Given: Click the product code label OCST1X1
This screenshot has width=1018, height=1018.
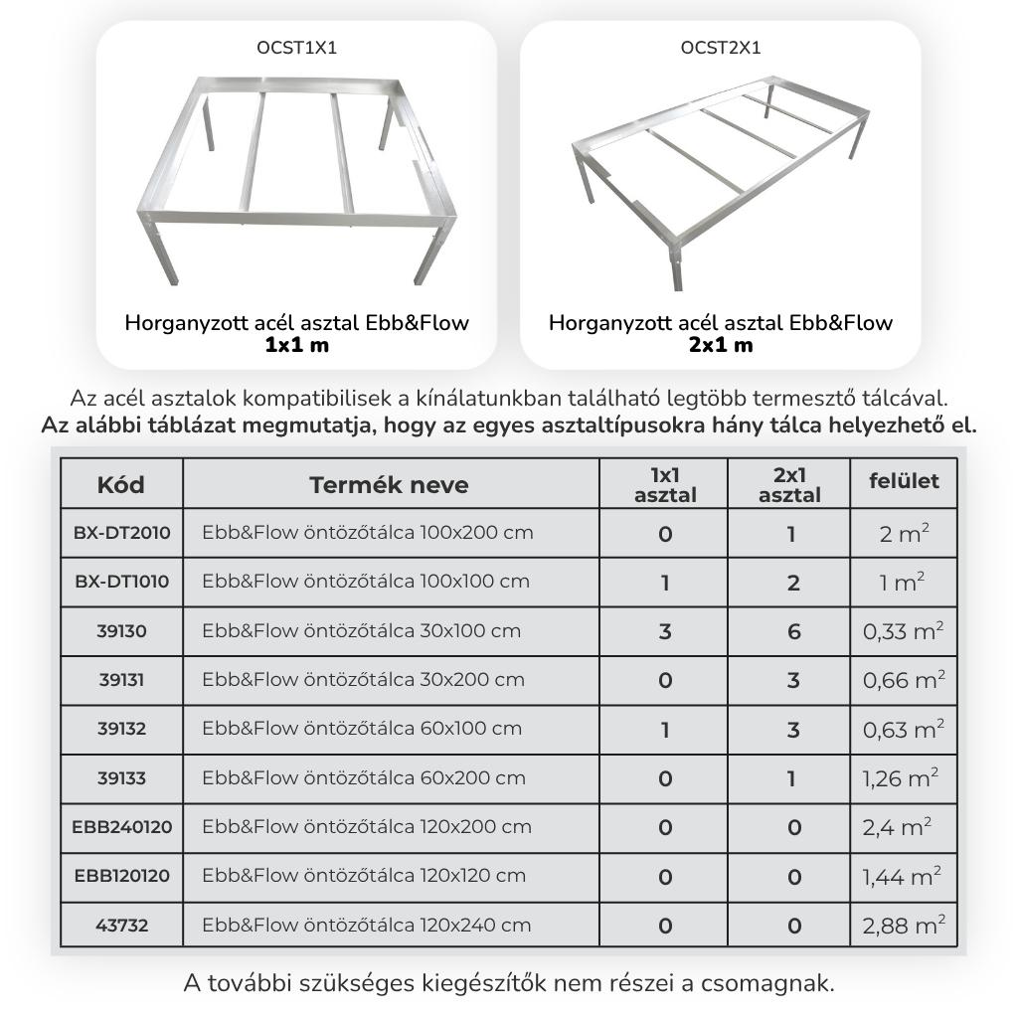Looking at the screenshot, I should coord(296,47).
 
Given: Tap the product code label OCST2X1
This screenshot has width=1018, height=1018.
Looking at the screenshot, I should coord(721,47).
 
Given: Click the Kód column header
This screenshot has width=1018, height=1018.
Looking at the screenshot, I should coord(121,484).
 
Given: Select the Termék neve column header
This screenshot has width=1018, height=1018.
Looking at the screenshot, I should coord(389,484).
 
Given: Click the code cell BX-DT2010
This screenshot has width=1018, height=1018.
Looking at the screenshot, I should coord(121,533).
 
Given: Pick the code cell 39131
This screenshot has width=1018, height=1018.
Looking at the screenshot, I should coord(121,680).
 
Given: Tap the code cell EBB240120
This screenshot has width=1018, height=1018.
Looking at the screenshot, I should coord(121,827).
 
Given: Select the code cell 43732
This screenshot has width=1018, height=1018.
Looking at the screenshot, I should coord(121,926).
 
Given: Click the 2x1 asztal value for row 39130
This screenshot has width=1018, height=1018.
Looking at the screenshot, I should coord(792,631).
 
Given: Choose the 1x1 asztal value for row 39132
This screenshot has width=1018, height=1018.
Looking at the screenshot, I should coord(664,730).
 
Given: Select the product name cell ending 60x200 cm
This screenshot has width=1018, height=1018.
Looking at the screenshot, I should coord(363,778).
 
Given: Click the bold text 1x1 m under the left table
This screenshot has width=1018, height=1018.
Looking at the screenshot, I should coord(296,345).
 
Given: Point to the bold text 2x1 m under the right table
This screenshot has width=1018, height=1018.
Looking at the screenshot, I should coord(721,345).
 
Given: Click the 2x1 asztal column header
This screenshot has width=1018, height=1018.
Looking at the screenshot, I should coord(789,484).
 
